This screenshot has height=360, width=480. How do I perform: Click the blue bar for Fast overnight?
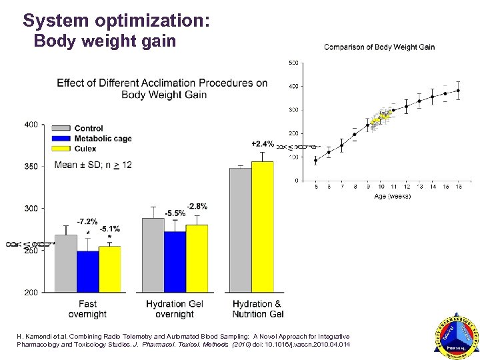(x=87, y=271)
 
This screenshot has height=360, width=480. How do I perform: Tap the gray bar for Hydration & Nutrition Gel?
(x=241, y=230)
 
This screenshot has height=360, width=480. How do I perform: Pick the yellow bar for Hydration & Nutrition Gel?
(x=263, y=227)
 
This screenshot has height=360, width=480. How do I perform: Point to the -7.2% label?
(x=87, y=221)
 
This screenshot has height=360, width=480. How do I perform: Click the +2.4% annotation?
(x=263, y=143)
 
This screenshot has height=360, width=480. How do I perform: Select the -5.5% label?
(x=175, y=213)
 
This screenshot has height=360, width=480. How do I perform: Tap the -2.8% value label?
(x=197, y=205)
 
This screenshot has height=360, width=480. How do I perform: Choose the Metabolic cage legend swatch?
(x=61, y=139)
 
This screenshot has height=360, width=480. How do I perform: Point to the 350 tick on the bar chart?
(x=31, y=166)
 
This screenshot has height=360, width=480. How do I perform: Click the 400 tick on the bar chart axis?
(x=31, y=125)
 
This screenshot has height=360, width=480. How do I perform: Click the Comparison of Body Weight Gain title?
(x=379, y=47)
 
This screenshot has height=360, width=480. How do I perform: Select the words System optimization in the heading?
(x=117, y=21)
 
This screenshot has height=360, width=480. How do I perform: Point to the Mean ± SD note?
(x=93, y=165)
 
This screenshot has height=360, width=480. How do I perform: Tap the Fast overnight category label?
(x=87, y=309)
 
